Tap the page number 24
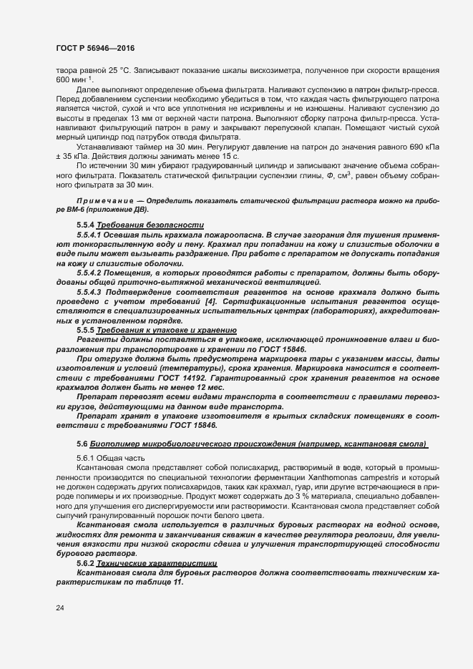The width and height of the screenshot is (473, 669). pyautogui.click(x=59, y=607)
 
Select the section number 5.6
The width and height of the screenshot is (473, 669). pyautogui.click(x=82, y=444)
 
